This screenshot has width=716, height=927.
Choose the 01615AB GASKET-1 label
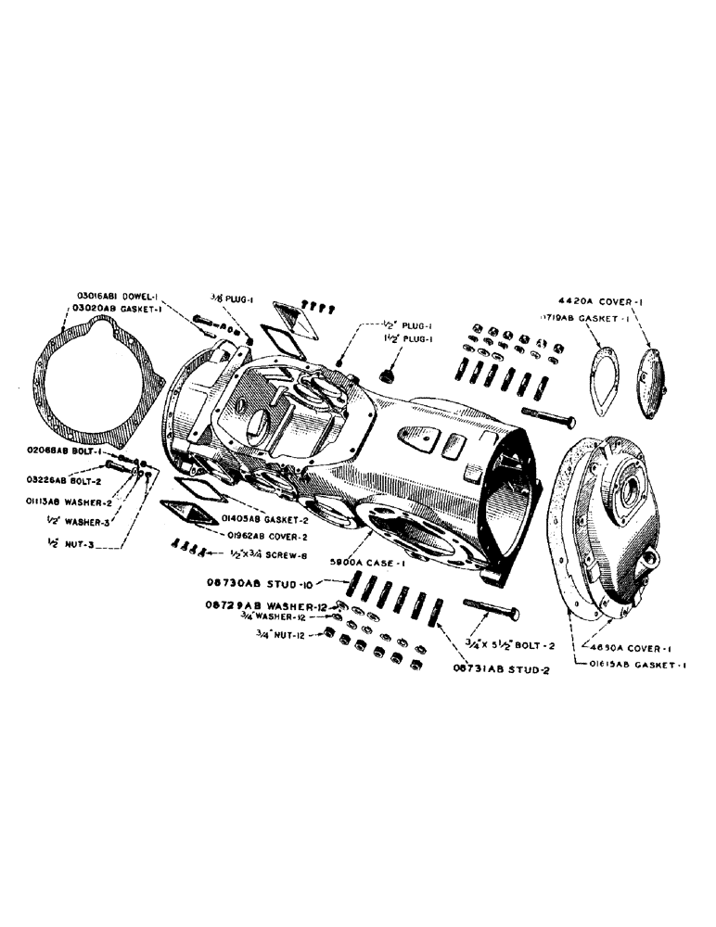point(632,664)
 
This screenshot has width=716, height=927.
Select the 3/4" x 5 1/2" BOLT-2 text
point(520,639)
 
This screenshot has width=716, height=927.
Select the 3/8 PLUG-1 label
point(226,299)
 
